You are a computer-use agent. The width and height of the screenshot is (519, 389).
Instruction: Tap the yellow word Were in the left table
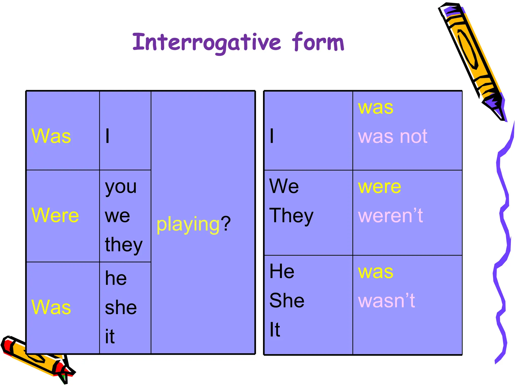pos(55,215)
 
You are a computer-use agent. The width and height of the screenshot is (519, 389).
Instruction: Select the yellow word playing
pos(188,224)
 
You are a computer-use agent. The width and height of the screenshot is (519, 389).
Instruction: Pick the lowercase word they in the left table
pos(124,245)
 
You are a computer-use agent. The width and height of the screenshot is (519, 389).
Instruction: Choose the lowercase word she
pos(121,307)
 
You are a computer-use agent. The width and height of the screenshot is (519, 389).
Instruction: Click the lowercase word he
pos(116,278)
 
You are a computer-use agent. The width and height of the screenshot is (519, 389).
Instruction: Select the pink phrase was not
pos(393,136)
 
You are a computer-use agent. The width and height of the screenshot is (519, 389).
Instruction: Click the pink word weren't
pos(390,216)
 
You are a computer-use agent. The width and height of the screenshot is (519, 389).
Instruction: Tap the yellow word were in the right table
pos(379,187)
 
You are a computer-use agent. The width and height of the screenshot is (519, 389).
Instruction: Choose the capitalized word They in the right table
pos(291,216)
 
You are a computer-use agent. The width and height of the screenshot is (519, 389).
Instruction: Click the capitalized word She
pos(287,300)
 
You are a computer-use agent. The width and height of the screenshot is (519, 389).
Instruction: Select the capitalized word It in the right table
pos(275,329)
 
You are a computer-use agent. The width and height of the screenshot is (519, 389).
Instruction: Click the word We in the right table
pos(284,186)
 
